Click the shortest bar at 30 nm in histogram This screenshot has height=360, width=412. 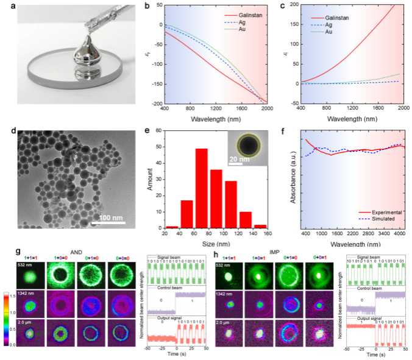172,227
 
